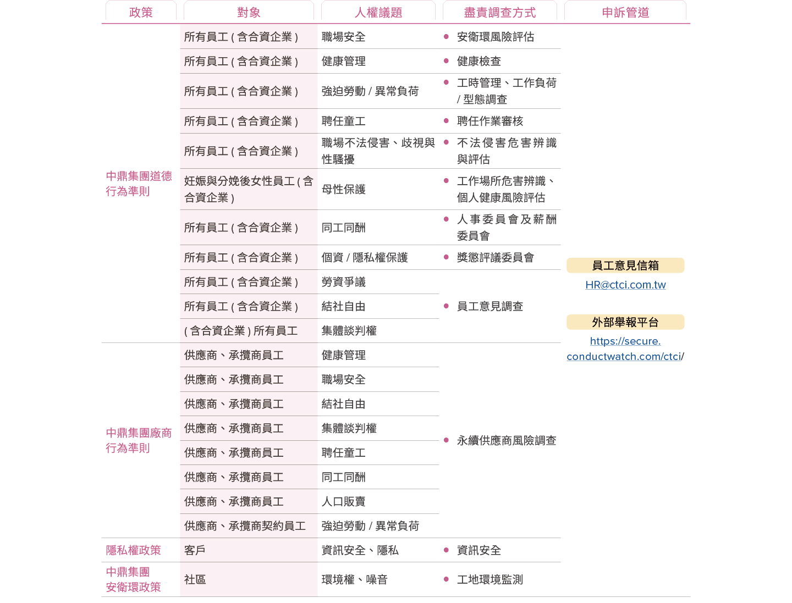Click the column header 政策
141,13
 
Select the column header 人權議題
378,13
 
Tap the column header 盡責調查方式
500,13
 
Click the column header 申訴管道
625,13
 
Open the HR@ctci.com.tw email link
625,285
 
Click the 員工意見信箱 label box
625,265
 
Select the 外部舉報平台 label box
625,322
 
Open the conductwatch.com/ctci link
625,349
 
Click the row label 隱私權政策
133,550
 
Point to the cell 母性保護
343,189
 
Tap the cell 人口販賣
343,501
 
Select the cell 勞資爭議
343,281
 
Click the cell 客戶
195,550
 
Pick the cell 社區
195,579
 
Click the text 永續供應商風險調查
506,440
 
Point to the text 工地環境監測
490,579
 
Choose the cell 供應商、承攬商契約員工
245,526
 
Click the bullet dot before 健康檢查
446,61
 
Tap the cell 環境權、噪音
354,579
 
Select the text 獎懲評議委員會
495,257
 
